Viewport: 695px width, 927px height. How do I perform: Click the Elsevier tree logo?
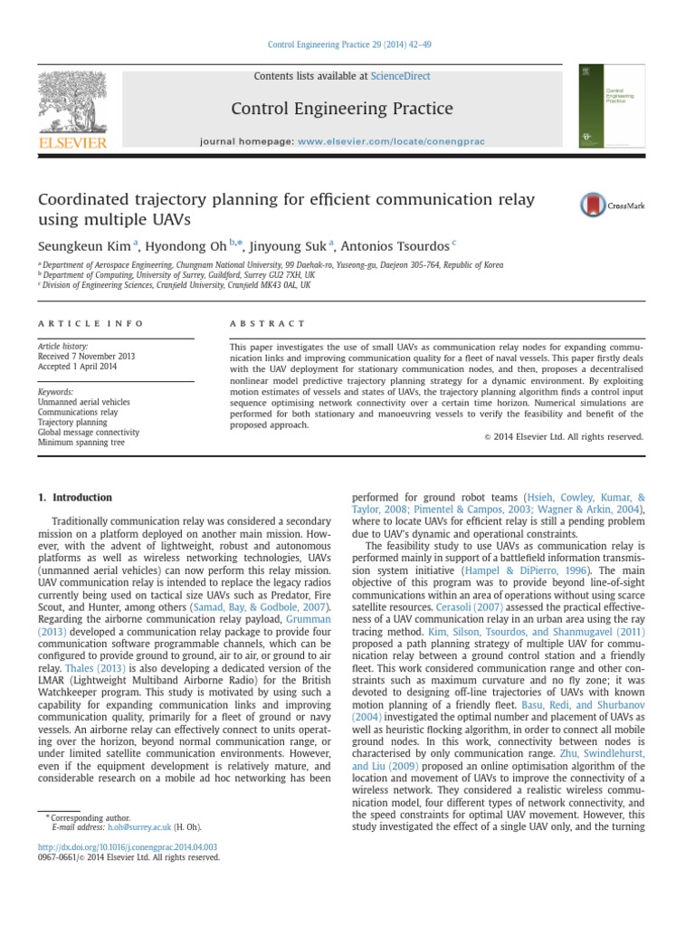point(71,103)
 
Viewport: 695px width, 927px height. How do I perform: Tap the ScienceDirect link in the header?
point(400,77)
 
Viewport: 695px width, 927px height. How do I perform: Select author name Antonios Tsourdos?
point(396,245)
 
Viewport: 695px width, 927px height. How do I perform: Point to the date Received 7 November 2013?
point(86,357)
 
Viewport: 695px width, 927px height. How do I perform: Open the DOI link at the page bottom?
point(127,847)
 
